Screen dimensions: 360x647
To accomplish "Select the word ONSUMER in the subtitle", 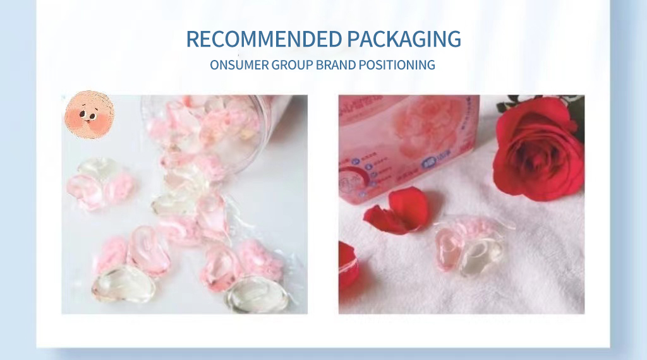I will click(x=239, y=64).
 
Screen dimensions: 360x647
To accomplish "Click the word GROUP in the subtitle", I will click(x=292, y=64).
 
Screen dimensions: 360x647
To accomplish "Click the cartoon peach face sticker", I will click(x=89, y=114).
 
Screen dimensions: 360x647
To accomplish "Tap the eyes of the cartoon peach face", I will click(x=88, y=114).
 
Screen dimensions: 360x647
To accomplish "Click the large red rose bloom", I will click(x=538, y=149).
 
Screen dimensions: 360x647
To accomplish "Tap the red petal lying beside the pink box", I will click(x=396, y=211).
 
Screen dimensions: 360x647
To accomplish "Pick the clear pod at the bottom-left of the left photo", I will click(x=124, y=284).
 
